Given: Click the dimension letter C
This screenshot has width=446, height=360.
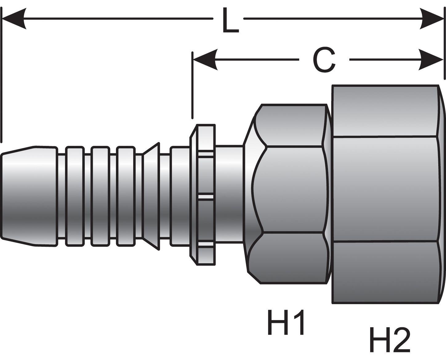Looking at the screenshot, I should click(x=324, y=60).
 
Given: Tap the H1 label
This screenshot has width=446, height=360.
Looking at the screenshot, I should click(x=286, y=323).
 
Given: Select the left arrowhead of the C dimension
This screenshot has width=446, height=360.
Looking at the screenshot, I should click(x=205, y=59).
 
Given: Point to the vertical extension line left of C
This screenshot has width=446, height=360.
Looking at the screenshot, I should click(x=192, y=86).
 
